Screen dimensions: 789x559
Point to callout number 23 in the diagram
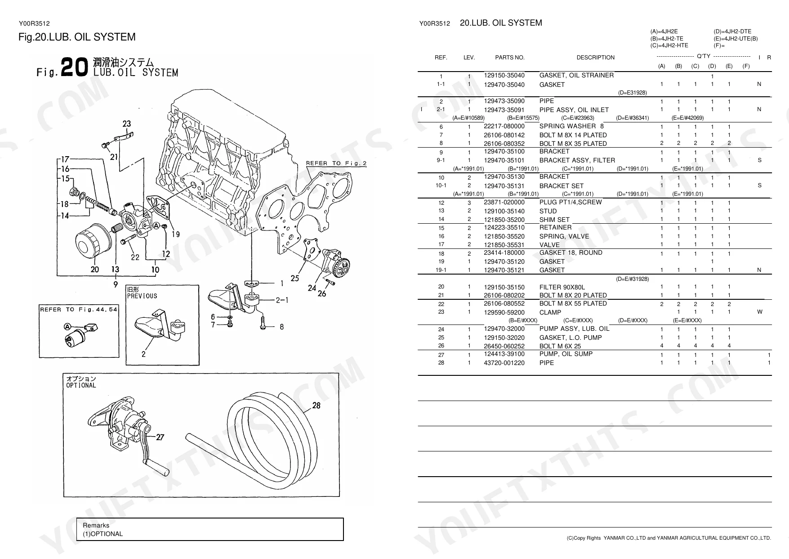pos(127,124)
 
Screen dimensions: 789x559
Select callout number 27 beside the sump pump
pos(160,437)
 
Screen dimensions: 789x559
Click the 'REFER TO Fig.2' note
pos(336,163)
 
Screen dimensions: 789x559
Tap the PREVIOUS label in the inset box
pos(142,296)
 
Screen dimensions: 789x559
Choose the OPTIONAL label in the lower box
pos(81,385)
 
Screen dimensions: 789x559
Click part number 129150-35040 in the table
pos(504,76)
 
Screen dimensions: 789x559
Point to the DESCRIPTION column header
pos(595,58)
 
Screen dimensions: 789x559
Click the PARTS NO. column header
pos(510,58)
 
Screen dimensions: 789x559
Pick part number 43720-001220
pos(504,363)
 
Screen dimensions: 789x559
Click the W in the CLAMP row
pos(759,312)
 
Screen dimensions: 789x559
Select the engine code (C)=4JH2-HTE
pos(669,45)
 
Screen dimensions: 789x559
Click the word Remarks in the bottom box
pos(96,525)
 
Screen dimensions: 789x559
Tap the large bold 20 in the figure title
pos(74,68)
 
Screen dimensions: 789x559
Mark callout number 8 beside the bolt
pos(281,327)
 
